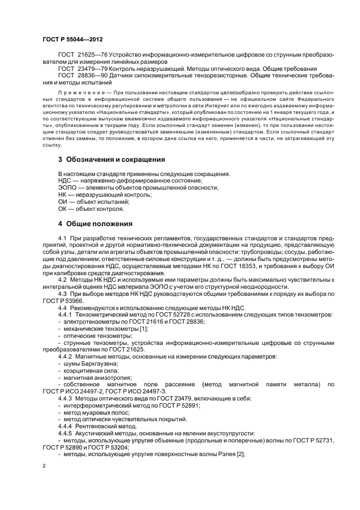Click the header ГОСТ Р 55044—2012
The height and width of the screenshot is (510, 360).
72,40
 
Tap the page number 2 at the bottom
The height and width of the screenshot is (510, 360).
44,466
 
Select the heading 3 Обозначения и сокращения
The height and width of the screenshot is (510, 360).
112,160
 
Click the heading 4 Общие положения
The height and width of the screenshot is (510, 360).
94,223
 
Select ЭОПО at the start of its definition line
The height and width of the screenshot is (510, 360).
67,187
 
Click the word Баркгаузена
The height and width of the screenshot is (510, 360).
97,363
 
